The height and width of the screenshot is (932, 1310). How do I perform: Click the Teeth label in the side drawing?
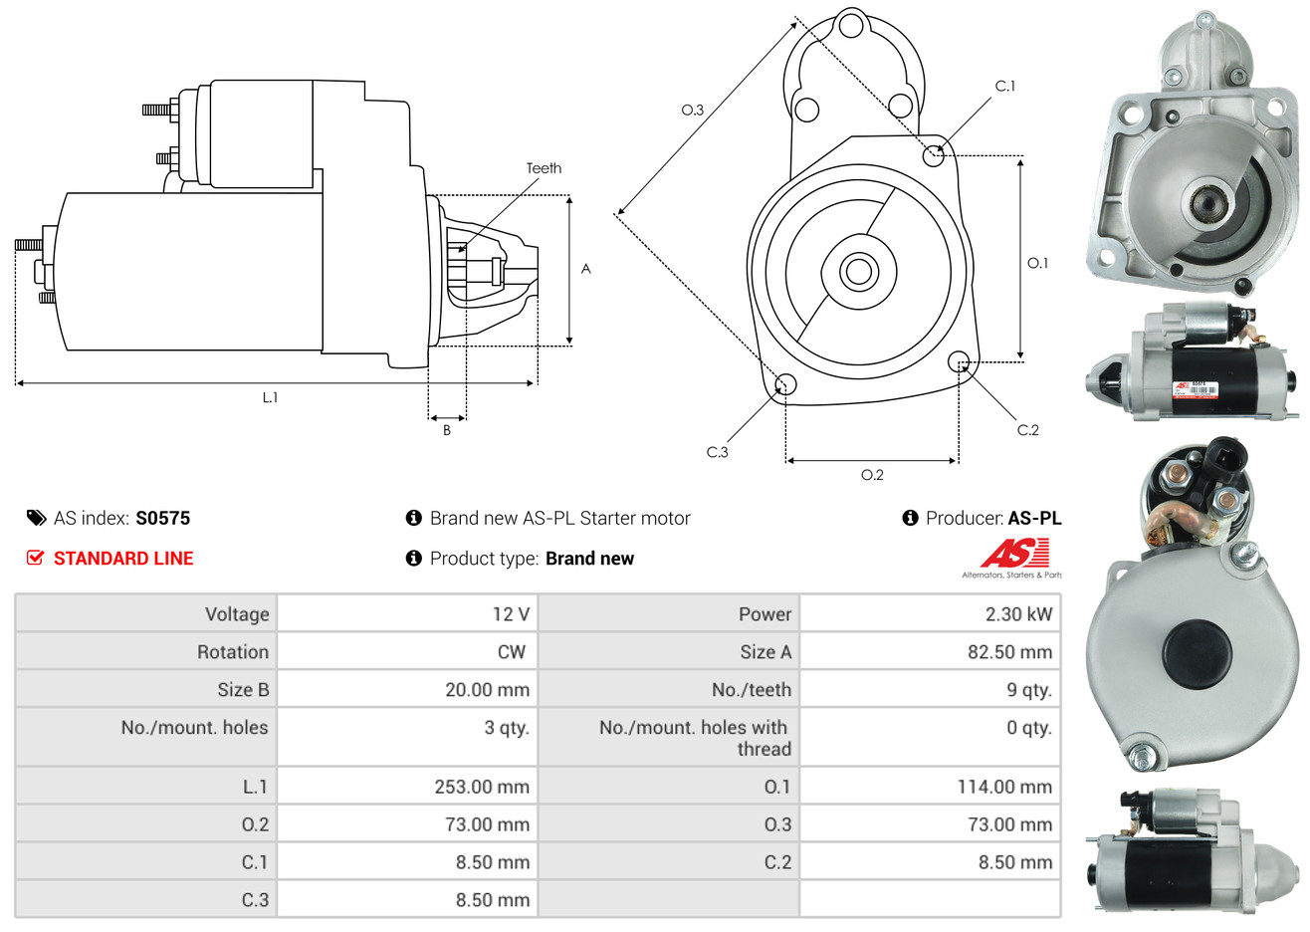(x=544, y=168)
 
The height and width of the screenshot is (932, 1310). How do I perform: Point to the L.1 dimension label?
(x=270, y=397)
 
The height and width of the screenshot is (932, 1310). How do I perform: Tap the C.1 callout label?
(x=1005, y=87)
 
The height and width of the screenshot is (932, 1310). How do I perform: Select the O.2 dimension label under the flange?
(x=872, y=475)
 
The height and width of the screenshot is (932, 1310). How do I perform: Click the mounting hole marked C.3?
(x=785, y=384)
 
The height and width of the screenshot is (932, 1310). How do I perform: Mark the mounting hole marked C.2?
(x=960, y=360)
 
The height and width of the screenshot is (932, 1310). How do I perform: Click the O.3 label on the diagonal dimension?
(x=692, y=111)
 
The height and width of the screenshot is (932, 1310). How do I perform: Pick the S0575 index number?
(x=162, y=518)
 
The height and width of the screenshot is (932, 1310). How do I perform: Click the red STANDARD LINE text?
(x=123, y=559)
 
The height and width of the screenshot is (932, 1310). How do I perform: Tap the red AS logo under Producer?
(x=1015, y=554)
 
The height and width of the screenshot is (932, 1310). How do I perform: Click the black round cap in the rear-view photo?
(x=1203, y=657)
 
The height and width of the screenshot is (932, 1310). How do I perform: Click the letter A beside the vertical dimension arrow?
(x=586, y=269)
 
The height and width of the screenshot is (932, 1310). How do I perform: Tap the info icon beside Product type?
(x=414, y=559)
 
